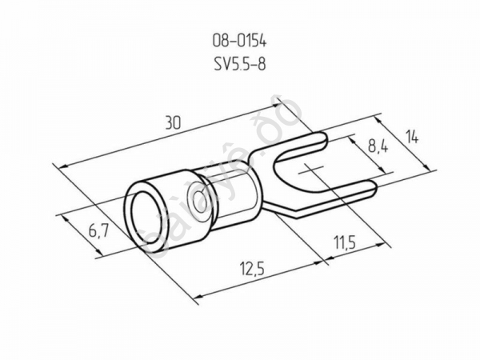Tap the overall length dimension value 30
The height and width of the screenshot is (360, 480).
pyautogui.click(x=170, y=123)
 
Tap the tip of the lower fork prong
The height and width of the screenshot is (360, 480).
pyautogui.click(x=370, y=189)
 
